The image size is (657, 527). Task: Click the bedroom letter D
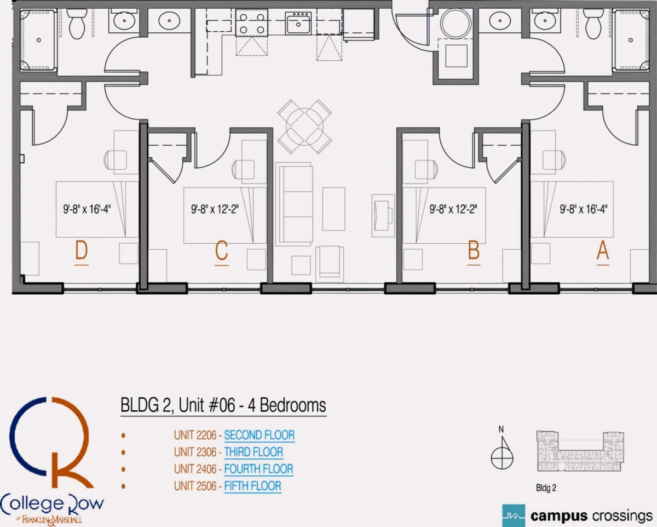[82, 250]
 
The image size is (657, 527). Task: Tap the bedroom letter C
[222, 250]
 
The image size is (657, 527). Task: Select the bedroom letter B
[474, 250]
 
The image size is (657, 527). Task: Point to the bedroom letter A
[603, 250]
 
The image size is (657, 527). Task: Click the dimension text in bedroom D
[87, 209]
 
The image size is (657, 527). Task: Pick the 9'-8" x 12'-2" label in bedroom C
[215, 209]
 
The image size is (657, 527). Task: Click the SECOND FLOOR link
[260, 435]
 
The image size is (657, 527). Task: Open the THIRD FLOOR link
[253, 452]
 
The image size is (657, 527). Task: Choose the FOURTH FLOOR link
[258, 469]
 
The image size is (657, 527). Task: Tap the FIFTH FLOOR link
[253, 486]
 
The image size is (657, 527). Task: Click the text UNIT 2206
[195, 435]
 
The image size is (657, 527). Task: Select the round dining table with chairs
[304, 127]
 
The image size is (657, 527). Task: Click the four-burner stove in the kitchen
[252, 23]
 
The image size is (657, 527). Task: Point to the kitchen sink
[298, 23]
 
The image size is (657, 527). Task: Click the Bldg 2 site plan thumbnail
[580, 451]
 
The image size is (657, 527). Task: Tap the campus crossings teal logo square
[514, 515]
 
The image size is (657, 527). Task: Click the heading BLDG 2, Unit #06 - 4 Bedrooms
[223, 405]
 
